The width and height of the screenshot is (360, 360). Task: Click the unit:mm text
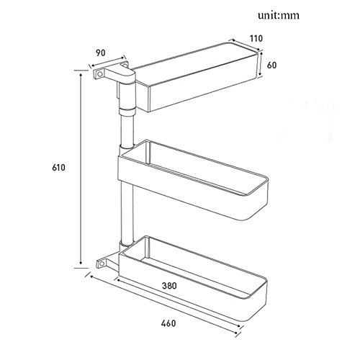tap(279, 16)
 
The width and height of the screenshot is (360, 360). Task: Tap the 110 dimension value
tap(256, 38)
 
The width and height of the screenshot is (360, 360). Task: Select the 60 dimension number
tap(271, 65)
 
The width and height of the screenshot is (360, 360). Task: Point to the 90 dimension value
tap(101, 53)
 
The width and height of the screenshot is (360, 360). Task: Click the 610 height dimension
tap(58, 167)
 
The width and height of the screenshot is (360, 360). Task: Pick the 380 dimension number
tap(169, 286)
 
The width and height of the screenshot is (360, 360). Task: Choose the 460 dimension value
tap(168, 323)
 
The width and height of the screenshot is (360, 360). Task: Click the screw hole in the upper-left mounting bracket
tap(99, 74)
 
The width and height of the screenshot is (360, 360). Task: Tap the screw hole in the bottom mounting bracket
tap(102, 264)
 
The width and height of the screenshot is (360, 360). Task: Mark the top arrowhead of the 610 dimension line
tap(81, 76)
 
